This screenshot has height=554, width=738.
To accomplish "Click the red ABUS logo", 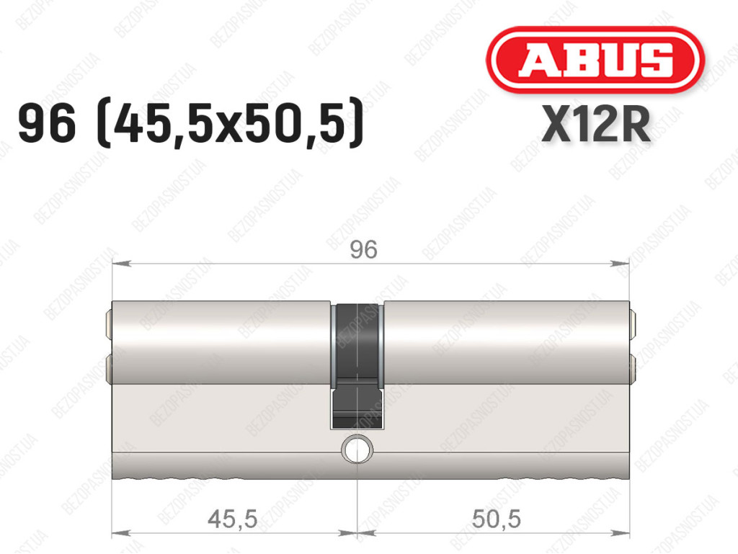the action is click(x=595, y=59).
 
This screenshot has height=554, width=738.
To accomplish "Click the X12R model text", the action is click(x=596, y=124).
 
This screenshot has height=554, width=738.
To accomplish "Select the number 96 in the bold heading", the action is click(x=47, y=124).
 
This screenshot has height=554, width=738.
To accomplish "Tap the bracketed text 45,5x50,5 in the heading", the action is click(x=230, y=124).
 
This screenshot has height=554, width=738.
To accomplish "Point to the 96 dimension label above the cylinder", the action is click(x=363, y=249).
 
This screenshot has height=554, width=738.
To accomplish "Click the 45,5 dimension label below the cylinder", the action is click(x=233, y=519).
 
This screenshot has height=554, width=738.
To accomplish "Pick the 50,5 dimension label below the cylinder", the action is click(x=497, y=519).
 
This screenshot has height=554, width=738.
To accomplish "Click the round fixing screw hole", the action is click(x=357, y=449).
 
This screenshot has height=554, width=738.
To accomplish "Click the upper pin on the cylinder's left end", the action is click(x=110, y=324).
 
